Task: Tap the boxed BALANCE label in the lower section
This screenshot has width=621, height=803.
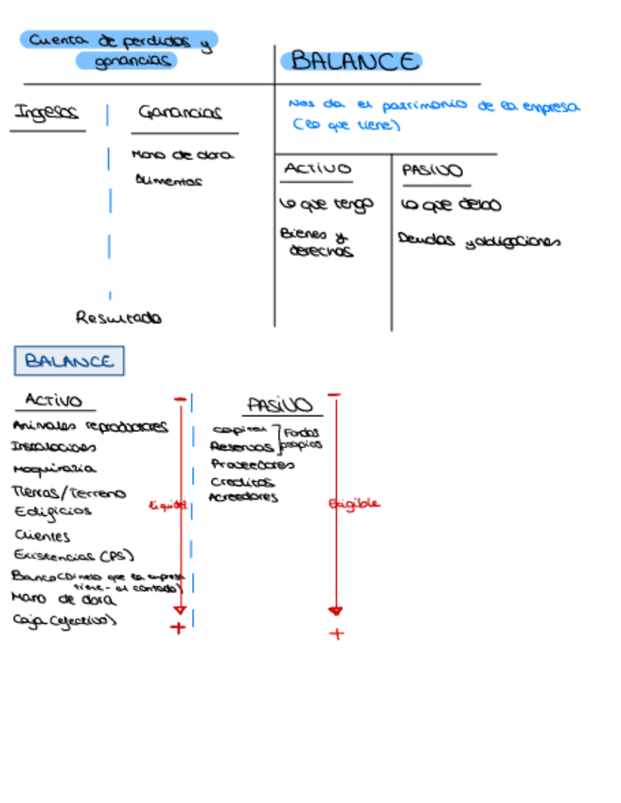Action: [x=69, y=361]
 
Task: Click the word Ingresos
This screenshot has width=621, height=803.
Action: [x=45, y=114]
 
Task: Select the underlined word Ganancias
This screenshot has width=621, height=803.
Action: [x=180, y=113]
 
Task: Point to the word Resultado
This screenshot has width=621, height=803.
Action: [x=118, y=318]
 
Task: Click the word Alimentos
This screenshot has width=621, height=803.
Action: [x=168, y=180]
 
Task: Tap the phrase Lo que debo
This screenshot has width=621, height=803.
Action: [x=451, y=205]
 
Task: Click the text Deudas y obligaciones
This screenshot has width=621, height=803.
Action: [x=479, y=241]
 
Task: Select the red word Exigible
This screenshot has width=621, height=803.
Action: [x=354, y=504]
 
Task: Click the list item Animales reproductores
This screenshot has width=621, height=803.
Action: [x=90, y=426]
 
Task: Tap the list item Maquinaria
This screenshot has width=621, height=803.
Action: [x=54, y=469]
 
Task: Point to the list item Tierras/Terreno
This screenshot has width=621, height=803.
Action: [x=68, y=492]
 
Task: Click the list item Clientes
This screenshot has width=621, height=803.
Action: [x=43, y=536]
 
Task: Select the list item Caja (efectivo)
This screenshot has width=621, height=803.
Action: [x=64, y=621]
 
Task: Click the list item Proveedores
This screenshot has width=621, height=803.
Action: [x=252, y=465]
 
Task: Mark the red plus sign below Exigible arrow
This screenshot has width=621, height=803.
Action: [x=336, y=633]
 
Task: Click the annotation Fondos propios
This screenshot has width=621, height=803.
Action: [x=302, y=438]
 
